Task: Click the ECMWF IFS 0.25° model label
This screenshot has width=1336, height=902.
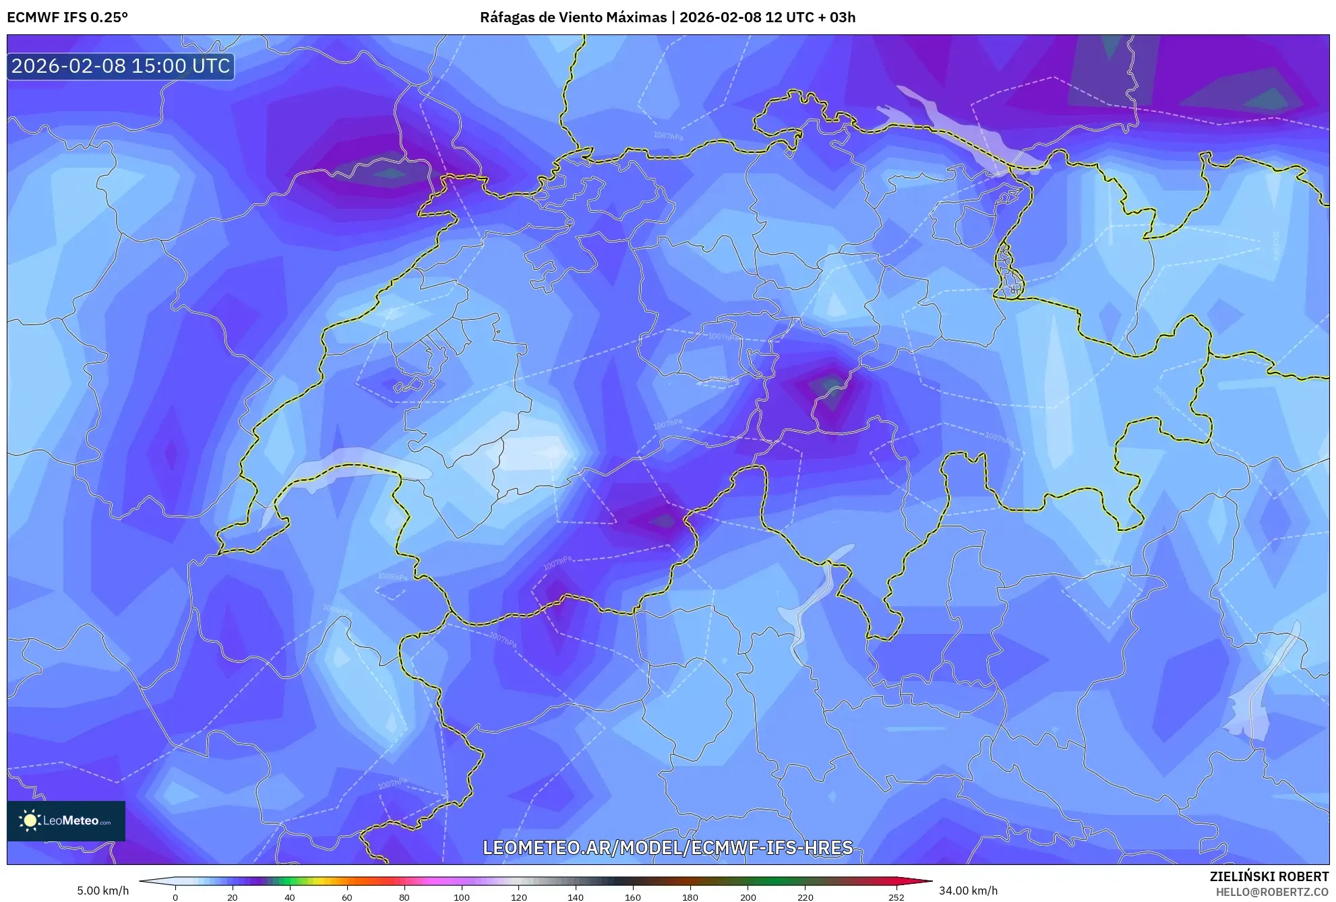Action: click(x=67, y=17)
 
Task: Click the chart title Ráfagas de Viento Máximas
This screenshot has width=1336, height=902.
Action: click(x=573, y=17)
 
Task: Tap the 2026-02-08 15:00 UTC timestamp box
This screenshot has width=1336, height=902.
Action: click(x=121, y=67)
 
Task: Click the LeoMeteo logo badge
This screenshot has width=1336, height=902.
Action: click(x=66, y=820)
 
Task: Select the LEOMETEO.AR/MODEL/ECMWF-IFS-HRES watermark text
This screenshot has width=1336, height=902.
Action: click(x=667, y=847)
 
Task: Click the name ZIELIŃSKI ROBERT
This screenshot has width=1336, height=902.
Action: click(x=1269, y=876)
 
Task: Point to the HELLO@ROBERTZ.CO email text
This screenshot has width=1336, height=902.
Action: click(x=1272, y=892)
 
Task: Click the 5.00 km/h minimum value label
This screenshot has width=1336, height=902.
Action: click(x=102, y=891)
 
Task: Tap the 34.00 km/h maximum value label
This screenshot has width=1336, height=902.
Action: click(x=968, y=891)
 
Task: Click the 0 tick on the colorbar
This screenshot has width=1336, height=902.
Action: click(x=175, y=897)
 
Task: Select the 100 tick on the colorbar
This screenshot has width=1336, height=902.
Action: click(x=462, y=897)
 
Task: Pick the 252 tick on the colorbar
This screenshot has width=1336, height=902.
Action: click(x=896, y=897)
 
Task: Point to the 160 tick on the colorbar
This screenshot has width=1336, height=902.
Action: click(x=633, y=897)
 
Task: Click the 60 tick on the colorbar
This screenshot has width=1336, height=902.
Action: click(x=347, y=897)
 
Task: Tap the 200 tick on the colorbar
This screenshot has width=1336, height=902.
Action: click(x=748, y=897)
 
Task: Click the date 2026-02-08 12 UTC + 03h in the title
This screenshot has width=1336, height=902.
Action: click(x=767, y=17)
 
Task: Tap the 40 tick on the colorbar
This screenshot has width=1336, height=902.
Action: click(x=290, y=897)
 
